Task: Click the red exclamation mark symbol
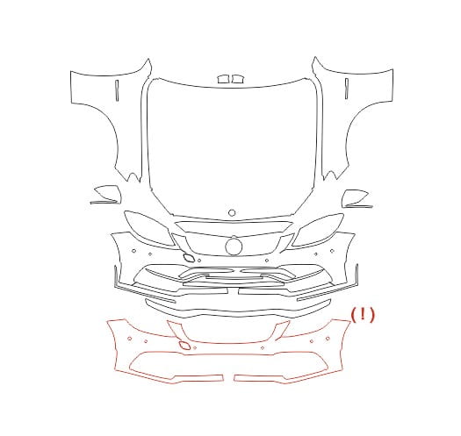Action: (x=363, y=315)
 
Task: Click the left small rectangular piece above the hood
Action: (x=223, y=79)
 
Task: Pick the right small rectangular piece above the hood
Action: (x=237, y=79)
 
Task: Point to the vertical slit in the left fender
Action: (x=117, y=90)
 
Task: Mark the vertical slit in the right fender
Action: (x=347, y=89)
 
